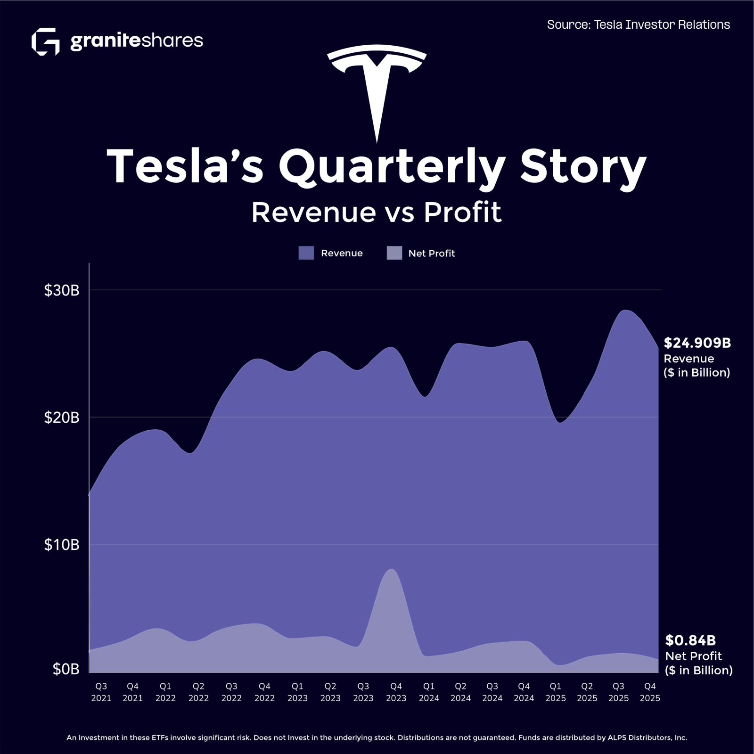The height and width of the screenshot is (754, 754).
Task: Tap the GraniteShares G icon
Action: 46,41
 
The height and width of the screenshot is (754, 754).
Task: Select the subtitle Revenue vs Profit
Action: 376,212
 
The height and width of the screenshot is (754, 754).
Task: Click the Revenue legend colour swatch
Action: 306,253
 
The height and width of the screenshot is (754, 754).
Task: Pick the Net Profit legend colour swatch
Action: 394,253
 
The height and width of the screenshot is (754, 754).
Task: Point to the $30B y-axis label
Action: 62,290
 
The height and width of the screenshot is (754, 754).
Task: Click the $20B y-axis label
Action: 62,418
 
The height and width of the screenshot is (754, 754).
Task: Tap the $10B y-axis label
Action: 62,545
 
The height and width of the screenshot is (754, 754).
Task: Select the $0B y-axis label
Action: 66,669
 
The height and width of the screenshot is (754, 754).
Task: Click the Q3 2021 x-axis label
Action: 101,692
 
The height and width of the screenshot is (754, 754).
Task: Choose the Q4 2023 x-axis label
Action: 396,692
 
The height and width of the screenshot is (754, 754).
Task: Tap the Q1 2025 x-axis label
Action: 556,692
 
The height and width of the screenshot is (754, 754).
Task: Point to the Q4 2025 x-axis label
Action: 650,692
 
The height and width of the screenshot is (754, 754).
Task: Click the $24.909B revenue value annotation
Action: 697,343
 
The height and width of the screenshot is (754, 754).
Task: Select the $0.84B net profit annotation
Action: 690,640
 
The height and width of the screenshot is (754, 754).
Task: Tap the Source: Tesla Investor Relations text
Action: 638,25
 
